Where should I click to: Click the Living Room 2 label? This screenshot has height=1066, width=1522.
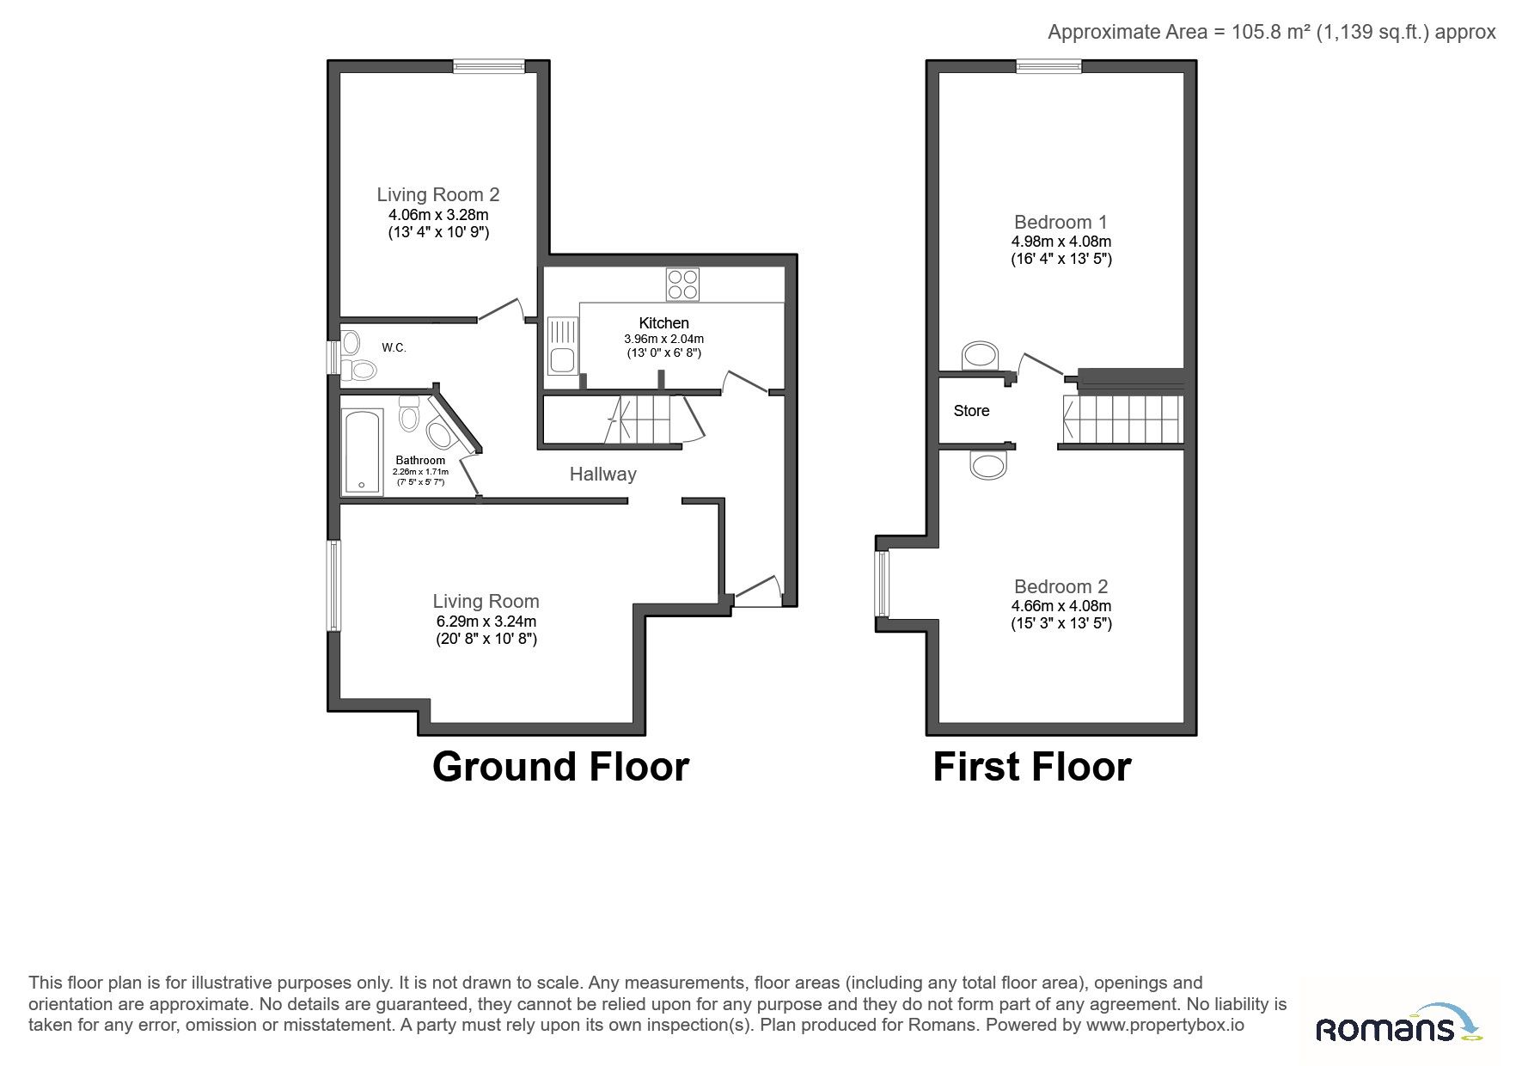[x=438, y=195]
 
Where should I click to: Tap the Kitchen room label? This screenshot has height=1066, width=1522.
[x=663, y=323]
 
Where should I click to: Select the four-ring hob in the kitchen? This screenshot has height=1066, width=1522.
[x=683, y=285]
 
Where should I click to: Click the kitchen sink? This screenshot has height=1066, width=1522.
[x=563, y=346]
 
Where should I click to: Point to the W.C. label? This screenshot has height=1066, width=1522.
[x=394, y=348]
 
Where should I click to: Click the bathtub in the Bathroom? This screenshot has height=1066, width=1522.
[x=363, y=452]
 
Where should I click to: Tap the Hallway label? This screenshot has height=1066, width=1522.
[x=603, y=474]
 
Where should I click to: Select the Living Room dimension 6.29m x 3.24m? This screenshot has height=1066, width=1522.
[x=486, y=622]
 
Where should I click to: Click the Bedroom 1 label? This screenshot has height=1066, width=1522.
[x=1061, y=222]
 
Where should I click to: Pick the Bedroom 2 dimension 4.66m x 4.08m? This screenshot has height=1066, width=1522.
[x=1061, y=606]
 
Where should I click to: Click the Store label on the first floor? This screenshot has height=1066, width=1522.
[x=971, y=411]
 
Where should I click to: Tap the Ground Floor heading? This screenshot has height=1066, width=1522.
[x=560, y=766]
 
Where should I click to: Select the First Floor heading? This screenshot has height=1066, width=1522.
[x=1032, y=766]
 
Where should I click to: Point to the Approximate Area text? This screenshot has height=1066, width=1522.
[x=1272, y=32]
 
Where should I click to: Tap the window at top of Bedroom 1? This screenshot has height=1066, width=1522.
[x=1048, y=66]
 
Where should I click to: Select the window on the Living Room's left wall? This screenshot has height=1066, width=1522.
[x=333, y=586]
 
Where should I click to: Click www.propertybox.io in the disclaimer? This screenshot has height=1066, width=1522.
[x=1165, y=1025]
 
